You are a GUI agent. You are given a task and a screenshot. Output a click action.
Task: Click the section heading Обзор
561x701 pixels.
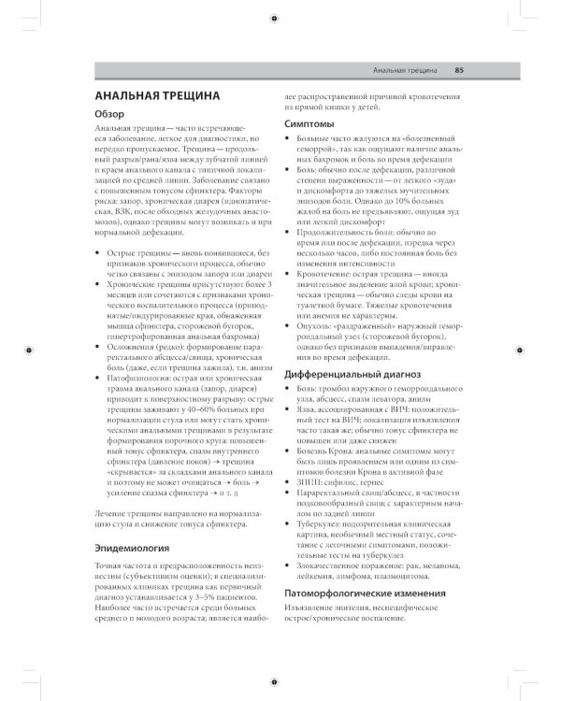pyautogui.click(x=112, y=113)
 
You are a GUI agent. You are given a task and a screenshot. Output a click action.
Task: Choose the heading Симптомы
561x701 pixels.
pyautogui.click(x=312, y=123)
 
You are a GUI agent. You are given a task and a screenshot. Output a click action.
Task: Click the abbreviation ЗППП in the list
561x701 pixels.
pyautogui.click(x=309, y=480)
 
